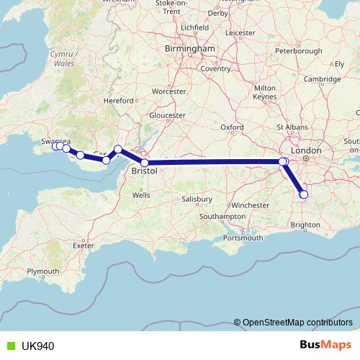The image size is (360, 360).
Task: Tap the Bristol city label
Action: pyautogui.click(x=145, y=174)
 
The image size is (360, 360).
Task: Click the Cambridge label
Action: pyautogui.click(x=318, y=78)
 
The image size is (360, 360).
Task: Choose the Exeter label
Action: pyautogui.click(x=84, y=246)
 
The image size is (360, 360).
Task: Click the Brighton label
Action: pyautogui.click(x=305, y=225)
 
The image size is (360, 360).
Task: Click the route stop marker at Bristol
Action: pyautogui.click(x=145, y=163)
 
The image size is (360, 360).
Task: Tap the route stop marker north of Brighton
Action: pyautogui.click(x=303, y=194)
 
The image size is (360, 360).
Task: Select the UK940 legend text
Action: pyautogui.click(x=37, y=346)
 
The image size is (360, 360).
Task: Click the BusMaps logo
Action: pyautogui.click(x=325, y=346)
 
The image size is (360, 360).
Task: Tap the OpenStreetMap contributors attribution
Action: pyautogui.click(x=297, y=323)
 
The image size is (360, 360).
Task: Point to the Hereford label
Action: pyautogui.click(x=120, y=102)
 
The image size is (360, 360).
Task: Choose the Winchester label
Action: pyautogui.click(x=250, y=205)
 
